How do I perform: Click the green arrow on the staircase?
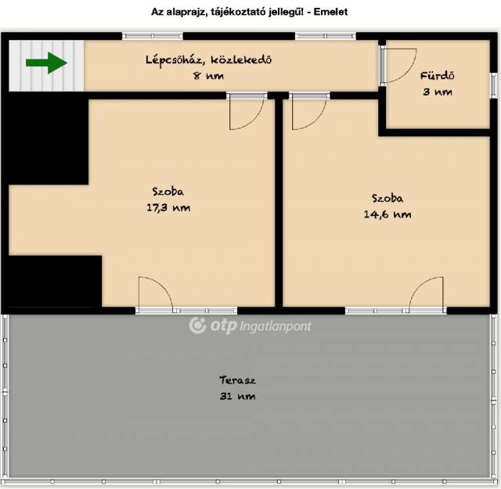(47, 63)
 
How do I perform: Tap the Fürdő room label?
(437, 76)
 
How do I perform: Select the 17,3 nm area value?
(168, 208)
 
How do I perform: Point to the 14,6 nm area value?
(387, 214)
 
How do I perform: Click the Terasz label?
(237, 380)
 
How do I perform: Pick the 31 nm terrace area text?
(237, 397)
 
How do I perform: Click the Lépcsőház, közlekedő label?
(209, 59)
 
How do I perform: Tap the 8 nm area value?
(208, 76)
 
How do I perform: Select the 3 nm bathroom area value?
(438, 92)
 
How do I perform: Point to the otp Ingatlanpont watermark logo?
(250, 325)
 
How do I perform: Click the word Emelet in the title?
(330, 12)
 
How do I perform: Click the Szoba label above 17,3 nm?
(168, 192)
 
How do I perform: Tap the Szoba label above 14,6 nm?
(387, 198)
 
